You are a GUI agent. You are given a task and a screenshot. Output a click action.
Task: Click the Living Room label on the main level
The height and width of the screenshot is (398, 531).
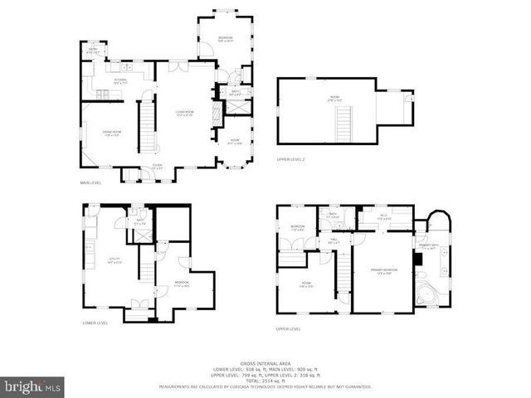tap(184, 113)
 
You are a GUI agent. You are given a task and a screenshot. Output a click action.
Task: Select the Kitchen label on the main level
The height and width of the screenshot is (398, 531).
tap(119, 81)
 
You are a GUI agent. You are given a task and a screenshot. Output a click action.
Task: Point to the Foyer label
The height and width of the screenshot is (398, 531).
tap(156, 167)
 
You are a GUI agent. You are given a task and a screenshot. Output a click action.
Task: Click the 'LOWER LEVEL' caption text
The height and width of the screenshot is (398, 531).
tap(95, 323)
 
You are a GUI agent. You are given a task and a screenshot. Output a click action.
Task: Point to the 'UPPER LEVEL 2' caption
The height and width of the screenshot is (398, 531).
tap(291, 158)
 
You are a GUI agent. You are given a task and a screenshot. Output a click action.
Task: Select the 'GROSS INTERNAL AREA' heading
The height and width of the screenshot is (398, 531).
tap(265, 363)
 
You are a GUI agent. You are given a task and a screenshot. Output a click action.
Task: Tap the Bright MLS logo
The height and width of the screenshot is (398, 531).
tap(33, 386)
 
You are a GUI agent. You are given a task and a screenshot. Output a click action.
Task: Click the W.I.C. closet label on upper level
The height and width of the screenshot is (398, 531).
tap(383, 216)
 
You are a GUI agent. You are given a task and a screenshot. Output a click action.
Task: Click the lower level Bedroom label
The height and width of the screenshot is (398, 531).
tap(182, 284)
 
